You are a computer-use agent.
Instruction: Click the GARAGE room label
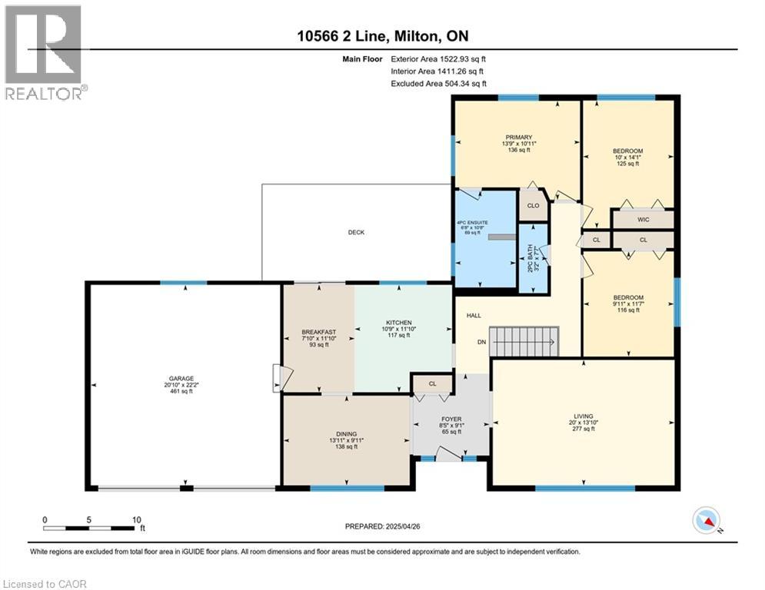pyautogui.click(x=182, y=379)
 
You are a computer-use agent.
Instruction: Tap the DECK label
pyautogui.click(x=356, y=232)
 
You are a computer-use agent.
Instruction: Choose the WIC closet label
pyautogui.click(x=643, y=220)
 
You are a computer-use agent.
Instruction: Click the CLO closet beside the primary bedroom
pyautogui.click(x=533, y=206)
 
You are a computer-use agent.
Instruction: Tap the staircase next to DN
pyautogui.click(x=525, y=341)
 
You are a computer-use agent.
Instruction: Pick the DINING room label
pyautogui.click(x=346, y=434)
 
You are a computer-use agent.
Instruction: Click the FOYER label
pyautogui.click(x=451, y=419)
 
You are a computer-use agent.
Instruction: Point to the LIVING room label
pyautogui.click(x=583, y=416)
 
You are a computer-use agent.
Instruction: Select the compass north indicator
pyautogui.click(x=707, y=522)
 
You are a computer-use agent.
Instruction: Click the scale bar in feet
pyautogui.click(x=93, y=528)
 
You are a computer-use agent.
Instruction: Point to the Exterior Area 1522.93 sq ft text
pyautogui.click(x=438, y=58)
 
